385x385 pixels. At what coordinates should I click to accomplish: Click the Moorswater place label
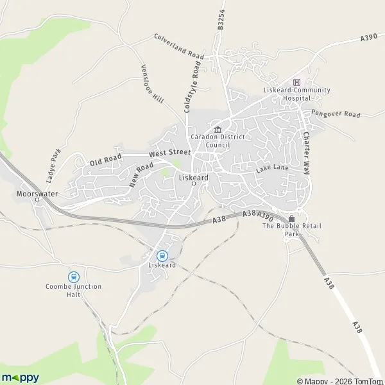[x=34, y=192]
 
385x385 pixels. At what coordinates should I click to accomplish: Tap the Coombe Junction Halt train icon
[x=73, y=277]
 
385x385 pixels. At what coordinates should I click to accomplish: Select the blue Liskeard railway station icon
[x=162, y=255]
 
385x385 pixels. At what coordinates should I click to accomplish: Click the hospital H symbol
[x=296, y=82]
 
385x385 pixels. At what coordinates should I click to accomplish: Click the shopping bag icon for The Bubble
[x=292, y=218]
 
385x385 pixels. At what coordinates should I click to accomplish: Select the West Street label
[x=170, y=153]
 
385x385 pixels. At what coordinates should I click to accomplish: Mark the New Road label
[x=141, y=174]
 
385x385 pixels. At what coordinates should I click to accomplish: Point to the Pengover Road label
[x=336, y=113]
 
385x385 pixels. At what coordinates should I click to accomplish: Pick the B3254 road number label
[x=221, y=20]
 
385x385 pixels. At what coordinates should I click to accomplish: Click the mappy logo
[x=21, y=377]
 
